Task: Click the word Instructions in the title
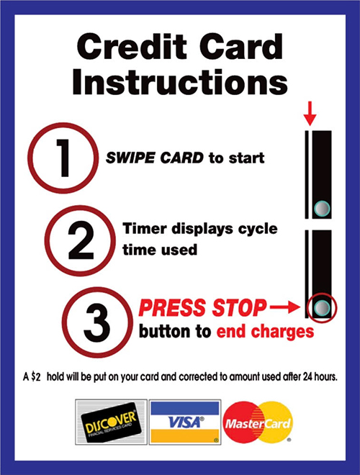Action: coord(180,82)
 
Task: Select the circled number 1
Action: coord(63,158)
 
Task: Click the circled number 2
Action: coord(81,242)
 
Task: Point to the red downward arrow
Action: coord(310,112)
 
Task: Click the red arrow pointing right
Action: coord(285,309)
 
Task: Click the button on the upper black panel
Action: coord(322,209)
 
